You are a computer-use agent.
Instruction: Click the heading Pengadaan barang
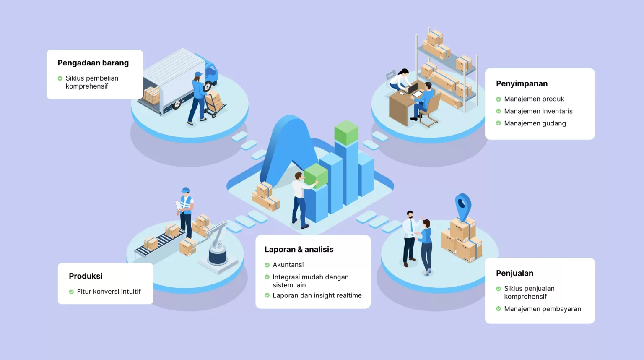click(93, 63)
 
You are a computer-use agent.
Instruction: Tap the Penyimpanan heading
click(522, 84)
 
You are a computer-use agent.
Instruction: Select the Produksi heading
click(86, 276)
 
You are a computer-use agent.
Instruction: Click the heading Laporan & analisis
click(299, 250)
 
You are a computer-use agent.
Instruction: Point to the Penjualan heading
click(514, 273)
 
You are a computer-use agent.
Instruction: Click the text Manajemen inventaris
click(538, 111)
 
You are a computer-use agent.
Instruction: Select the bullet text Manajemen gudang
click(535, 123)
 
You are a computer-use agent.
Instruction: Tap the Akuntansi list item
click(288, 265)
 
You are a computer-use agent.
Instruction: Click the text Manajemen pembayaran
click(543, 309)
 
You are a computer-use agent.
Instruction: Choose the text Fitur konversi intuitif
click(109, 292)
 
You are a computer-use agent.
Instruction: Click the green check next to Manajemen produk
click(499, 99)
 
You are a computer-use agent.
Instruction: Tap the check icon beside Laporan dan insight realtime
click(267, 295)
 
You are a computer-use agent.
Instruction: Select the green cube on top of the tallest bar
click(346, 133)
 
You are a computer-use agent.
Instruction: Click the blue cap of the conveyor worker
click(185, 190)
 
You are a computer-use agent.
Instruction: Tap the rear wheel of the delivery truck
click(177, 104)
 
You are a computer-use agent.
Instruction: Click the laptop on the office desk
click(413, 89)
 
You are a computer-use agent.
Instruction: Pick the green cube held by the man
click(316, 175)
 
